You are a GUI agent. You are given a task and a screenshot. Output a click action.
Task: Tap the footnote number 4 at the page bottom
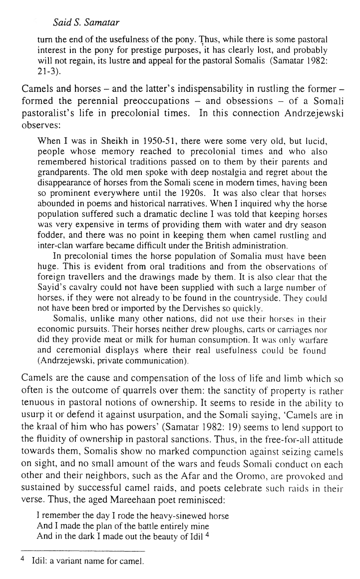point(23,560)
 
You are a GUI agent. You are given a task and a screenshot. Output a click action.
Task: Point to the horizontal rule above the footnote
point(83,550)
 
